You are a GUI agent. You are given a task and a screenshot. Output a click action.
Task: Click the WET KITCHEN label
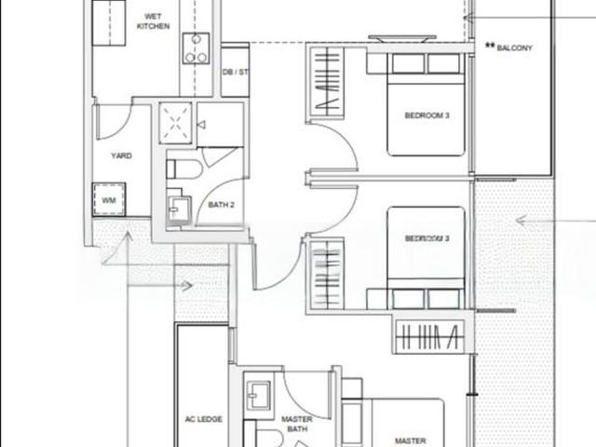coord(153,20)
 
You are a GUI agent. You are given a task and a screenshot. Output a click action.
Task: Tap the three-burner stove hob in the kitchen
coord(196,47)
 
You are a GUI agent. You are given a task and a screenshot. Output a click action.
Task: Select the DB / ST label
coord(235,72)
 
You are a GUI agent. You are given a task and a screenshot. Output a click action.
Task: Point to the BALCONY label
coord(514,47)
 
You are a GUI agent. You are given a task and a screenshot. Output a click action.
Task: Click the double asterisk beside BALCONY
coord(490,46)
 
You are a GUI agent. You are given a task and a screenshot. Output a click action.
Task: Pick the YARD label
coord(121,156)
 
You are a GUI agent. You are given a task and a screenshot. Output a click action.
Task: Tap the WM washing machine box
coord(109,199)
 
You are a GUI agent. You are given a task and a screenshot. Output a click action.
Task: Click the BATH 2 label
coord(221,205)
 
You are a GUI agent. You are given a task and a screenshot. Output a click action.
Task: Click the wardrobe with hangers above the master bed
coord(429,338)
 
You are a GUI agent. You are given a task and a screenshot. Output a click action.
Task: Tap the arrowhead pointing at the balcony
coord(469,18)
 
